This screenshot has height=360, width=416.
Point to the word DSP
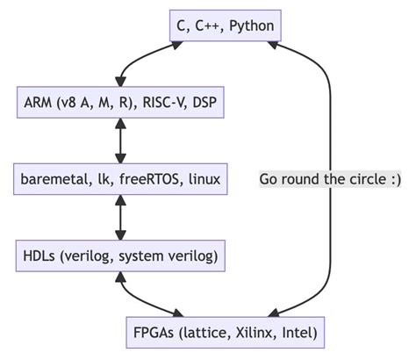pos(204,103)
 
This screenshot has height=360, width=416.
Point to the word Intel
pos(298,333)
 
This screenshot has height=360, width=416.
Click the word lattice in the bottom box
pos(207,333)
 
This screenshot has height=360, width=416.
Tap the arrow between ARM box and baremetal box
pos(120,140)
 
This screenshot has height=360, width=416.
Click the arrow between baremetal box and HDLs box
pos(120,217)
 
